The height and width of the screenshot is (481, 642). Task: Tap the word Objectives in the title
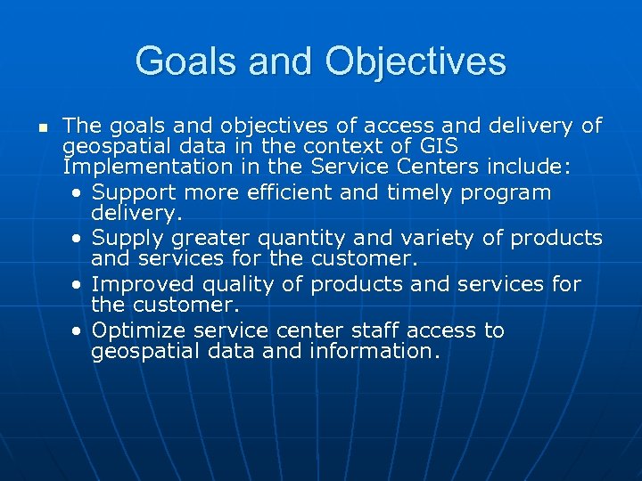(416, 62)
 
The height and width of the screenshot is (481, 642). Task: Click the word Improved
(139, 284)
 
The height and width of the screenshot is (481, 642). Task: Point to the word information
(374, 351)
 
